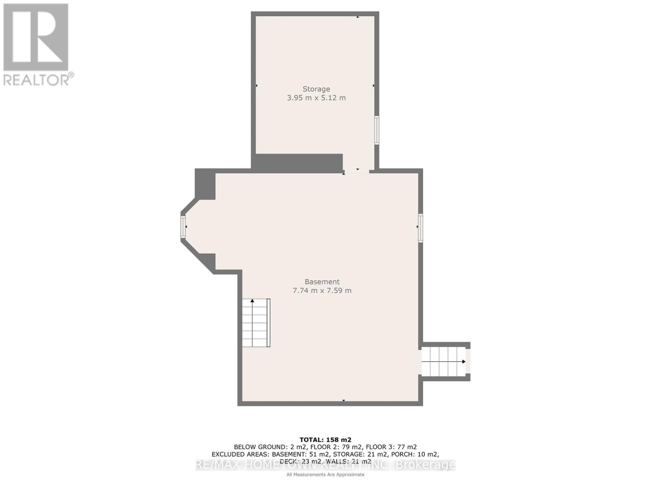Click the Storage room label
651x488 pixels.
(316, 89)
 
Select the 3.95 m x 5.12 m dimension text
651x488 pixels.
(316, 98)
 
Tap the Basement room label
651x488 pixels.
(322, 282)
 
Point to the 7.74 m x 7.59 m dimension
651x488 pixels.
(322, 291)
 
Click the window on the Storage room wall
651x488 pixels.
(377, 130)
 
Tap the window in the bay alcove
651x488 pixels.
(183, 227)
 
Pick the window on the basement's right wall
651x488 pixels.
(420, 228)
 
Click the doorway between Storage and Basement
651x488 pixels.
(357, 171)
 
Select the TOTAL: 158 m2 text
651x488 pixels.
(325, 440)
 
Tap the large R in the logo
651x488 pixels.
(36, 37)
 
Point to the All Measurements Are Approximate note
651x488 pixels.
(325, 475)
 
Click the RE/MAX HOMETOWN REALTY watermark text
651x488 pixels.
(325, 465)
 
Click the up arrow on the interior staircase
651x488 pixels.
(252, 301)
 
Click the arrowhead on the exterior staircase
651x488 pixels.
(463, 362)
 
